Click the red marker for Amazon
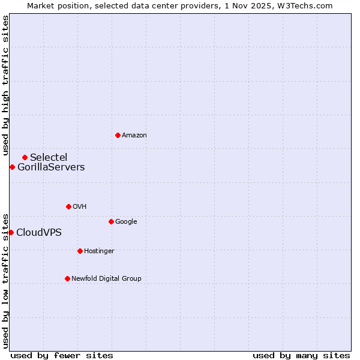point(118,135)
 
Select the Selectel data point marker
point(25,157)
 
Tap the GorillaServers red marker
point(12,167)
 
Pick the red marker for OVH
point(68,206)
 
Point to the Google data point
point(111,221)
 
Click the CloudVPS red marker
point(11,232)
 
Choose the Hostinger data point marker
point(80,251)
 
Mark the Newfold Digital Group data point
point(67,278)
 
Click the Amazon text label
point(134,136)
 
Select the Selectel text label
point(49,158)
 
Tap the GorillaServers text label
point(51,167)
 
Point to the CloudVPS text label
point(39,233)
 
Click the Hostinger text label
point(99,251)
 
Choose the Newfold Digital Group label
point(106,279)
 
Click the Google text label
point(126,222)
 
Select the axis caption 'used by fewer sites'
point(62,356)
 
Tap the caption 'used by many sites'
point(301,356)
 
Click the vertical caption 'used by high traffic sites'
point(5,86)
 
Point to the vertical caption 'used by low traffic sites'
point(5,280)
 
